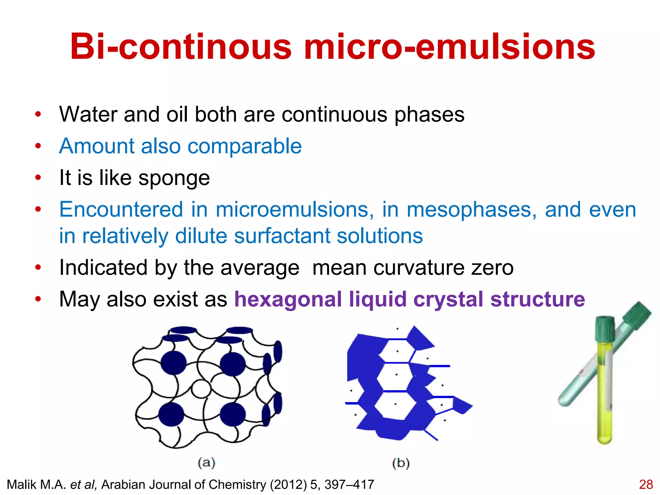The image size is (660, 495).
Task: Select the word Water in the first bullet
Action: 87,114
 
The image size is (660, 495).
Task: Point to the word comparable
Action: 245,146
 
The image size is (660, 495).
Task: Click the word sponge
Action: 174,178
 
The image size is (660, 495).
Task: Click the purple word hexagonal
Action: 288,299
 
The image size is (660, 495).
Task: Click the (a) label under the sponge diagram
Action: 206,463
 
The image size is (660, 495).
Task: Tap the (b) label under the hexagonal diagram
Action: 401,463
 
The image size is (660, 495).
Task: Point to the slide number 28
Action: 645,485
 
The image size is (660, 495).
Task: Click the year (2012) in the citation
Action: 288,485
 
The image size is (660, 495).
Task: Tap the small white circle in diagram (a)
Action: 201,389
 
